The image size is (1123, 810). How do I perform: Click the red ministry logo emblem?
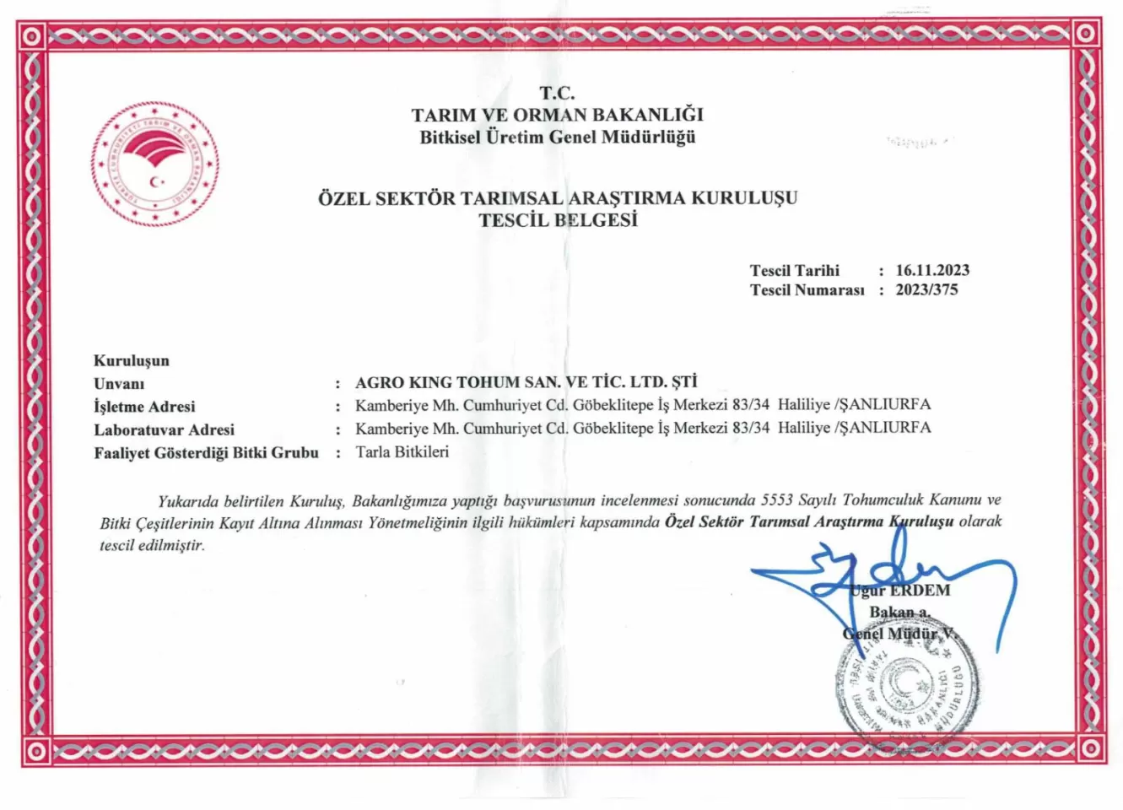[x=155, y=165]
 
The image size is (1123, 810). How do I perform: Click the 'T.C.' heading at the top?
[x=557, y=94]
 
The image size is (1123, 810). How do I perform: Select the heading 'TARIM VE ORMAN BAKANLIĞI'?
[x=557, y=115]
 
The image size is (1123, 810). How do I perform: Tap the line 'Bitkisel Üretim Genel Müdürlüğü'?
[x=557, y=137]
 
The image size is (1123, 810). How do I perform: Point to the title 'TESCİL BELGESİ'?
[x=558, y=220]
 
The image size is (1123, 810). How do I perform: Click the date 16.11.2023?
[x=932, y=271]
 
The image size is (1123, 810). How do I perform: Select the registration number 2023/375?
[x=926, y=290]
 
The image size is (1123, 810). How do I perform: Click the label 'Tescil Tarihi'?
[x=794, y=271]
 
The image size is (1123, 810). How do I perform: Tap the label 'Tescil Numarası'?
[x=807, y=290]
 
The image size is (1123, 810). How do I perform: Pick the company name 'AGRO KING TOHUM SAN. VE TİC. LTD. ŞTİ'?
[x=526, y=382]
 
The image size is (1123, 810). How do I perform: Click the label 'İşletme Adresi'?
[x=144, y=407]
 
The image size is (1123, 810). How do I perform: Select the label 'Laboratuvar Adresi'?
[x=164, y=429]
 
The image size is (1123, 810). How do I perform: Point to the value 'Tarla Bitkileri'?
[x=402, y=452]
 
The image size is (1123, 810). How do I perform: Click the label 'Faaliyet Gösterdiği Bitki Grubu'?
[x=206, y=453]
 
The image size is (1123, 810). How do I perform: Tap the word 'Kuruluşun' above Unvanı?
[x=131, y=361]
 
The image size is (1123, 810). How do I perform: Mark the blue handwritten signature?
[x=886, y=574]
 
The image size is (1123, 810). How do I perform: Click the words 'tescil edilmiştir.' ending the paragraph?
[x=152, y=545]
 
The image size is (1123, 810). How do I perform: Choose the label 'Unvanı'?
[x=119, y=384]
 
